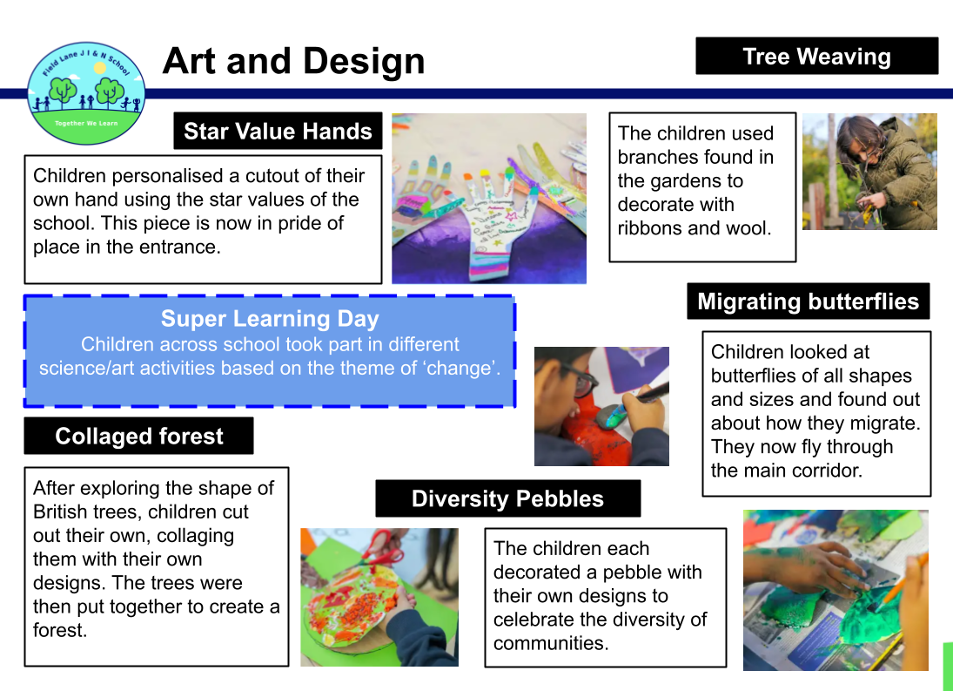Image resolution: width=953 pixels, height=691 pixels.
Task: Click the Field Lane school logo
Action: pos(86,93)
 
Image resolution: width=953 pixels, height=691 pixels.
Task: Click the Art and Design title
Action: pos(293,61)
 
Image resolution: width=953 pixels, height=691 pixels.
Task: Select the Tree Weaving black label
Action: pos(817,56)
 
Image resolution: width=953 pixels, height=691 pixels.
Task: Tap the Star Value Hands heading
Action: pos(278,131)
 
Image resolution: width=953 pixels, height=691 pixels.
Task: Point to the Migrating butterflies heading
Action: pos(809,301)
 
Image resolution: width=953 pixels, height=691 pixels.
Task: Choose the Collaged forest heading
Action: pos(139,437)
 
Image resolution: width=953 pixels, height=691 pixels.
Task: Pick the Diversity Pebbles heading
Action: pos(508,498)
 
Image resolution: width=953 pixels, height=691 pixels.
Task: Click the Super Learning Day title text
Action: pos(270,319)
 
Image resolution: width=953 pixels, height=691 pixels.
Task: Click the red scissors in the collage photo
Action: pos(382,548)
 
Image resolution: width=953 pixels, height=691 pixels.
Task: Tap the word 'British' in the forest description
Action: pos(63,511)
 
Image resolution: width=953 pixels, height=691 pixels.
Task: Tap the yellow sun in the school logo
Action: pos(100,67)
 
